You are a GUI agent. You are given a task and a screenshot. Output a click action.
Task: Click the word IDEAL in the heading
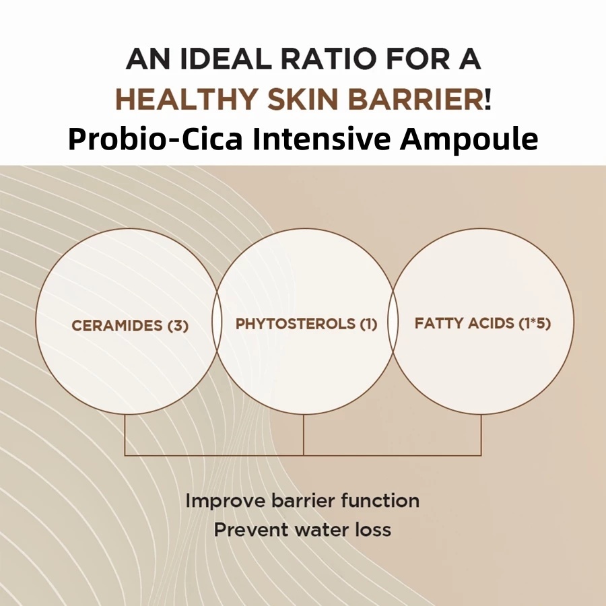click(226, 59)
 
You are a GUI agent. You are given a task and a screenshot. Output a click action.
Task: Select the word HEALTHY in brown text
click(187, 100)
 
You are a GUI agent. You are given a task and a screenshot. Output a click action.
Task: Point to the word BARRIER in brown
click(416, 100)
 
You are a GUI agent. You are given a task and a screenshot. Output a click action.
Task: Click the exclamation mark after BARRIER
click(487, 100)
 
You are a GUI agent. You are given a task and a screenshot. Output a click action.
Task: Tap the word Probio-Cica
click(155, 139)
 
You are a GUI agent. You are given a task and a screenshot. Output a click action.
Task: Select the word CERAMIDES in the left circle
click(117, 325)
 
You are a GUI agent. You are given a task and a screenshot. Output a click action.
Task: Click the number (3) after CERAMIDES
click(178, 326)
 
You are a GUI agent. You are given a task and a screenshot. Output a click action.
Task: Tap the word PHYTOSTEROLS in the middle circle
click(296, 324)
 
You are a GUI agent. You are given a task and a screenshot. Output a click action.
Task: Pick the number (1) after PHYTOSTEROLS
click(368, 324)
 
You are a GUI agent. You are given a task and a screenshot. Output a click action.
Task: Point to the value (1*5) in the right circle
click(534, 323)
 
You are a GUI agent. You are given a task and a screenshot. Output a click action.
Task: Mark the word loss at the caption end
click(373, 529)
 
